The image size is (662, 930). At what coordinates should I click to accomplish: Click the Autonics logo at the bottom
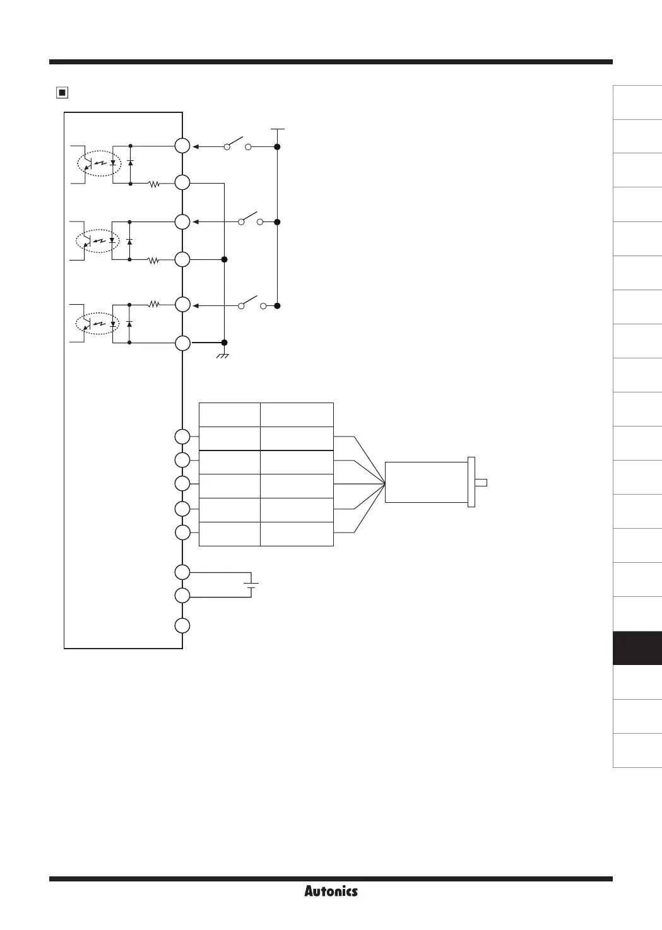331,891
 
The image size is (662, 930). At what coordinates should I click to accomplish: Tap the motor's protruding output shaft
481,483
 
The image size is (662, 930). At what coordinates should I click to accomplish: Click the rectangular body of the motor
426,482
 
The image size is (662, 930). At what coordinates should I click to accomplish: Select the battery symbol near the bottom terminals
252,584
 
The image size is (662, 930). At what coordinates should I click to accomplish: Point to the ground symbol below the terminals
223,356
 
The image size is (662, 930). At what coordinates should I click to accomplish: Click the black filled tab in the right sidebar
637,648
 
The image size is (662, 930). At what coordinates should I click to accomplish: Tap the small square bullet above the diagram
61,93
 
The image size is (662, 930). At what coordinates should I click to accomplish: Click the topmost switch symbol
238,143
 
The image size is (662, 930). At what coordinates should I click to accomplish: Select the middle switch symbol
251,219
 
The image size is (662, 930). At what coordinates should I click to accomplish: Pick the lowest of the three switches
251,302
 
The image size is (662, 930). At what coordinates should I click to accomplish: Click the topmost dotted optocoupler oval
98,162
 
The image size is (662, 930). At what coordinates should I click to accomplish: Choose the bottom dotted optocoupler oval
98,324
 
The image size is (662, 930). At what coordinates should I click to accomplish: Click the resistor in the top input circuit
153,184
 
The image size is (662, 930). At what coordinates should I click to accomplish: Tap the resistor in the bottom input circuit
153,304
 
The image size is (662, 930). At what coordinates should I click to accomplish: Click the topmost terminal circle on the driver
182,146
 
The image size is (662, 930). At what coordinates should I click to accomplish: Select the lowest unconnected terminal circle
182,626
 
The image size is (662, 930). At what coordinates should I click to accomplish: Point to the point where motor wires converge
385,484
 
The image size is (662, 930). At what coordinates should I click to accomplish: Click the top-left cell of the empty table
229,415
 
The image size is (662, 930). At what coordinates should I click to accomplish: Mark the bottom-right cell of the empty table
297,534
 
